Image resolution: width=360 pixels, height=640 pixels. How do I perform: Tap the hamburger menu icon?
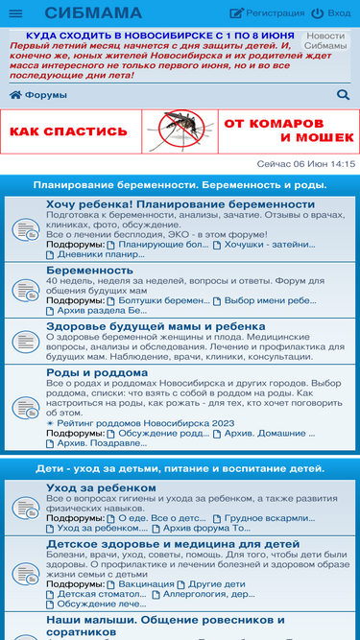point(15,13)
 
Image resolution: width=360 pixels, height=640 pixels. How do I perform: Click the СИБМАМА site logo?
point(93,13)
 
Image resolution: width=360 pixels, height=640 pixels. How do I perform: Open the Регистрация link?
point(268,13)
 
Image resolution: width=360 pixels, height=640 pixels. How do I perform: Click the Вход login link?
point(331,13)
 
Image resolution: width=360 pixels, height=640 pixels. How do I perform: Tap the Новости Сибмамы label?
point(325,40)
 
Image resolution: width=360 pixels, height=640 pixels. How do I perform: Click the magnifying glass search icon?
point(344,95)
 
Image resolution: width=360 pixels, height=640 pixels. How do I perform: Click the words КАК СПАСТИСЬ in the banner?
point(68,131)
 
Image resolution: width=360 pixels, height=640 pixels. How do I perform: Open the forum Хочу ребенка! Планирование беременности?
point(180,204)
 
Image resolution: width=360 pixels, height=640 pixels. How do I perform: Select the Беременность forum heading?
point(89,271)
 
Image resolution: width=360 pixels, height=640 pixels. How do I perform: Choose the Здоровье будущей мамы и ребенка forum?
point(156,326)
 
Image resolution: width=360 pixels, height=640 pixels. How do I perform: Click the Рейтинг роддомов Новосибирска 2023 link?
point(145,423)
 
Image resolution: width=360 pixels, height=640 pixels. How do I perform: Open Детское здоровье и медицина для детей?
point(173,543)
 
